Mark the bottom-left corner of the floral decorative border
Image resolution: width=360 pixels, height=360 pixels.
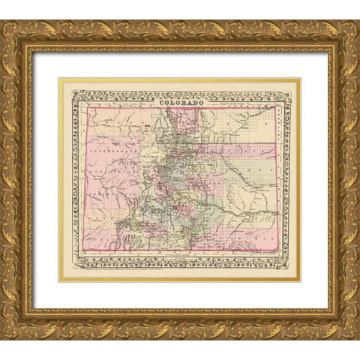(x=73, y=268)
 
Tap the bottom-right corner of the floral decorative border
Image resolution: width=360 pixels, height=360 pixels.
(x=289, y=268)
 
